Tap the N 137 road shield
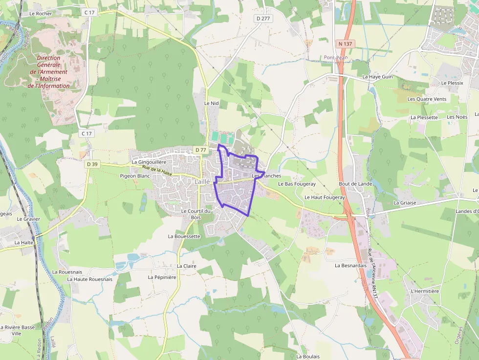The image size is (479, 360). click(x=345, y=44)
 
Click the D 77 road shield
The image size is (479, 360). click(x=200, y=150)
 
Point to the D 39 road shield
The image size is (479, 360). click(x=92, y=164)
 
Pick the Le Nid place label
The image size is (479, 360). click(x=212, y=104)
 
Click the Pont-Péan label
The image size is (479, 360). click(x=334, y=58)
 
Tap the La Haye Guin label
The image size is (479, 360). click(x=377, y=77)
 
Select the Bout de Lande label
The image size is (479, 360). click(x=355, y=184)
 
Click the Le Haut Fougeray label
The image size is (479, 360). click(x=325, y=197)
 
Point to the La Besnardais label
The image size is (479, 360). click(x=350, y=266)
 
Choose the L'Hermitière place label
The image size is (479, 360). click(x=425, y=291)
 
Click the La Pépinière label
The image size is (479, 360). click(x=162, y=277)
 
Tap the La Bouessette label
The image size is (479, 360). click(x=184, y=236)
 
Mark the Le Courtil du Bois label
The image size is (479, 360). click(x=196, y=214)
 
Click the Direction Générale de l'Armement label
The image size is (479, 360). click(x=49, y=72)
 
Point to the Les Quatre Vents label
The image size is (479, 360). click(x=427, y=99)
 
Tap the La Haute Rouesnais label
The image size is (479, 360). click(x=89, y=279)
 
